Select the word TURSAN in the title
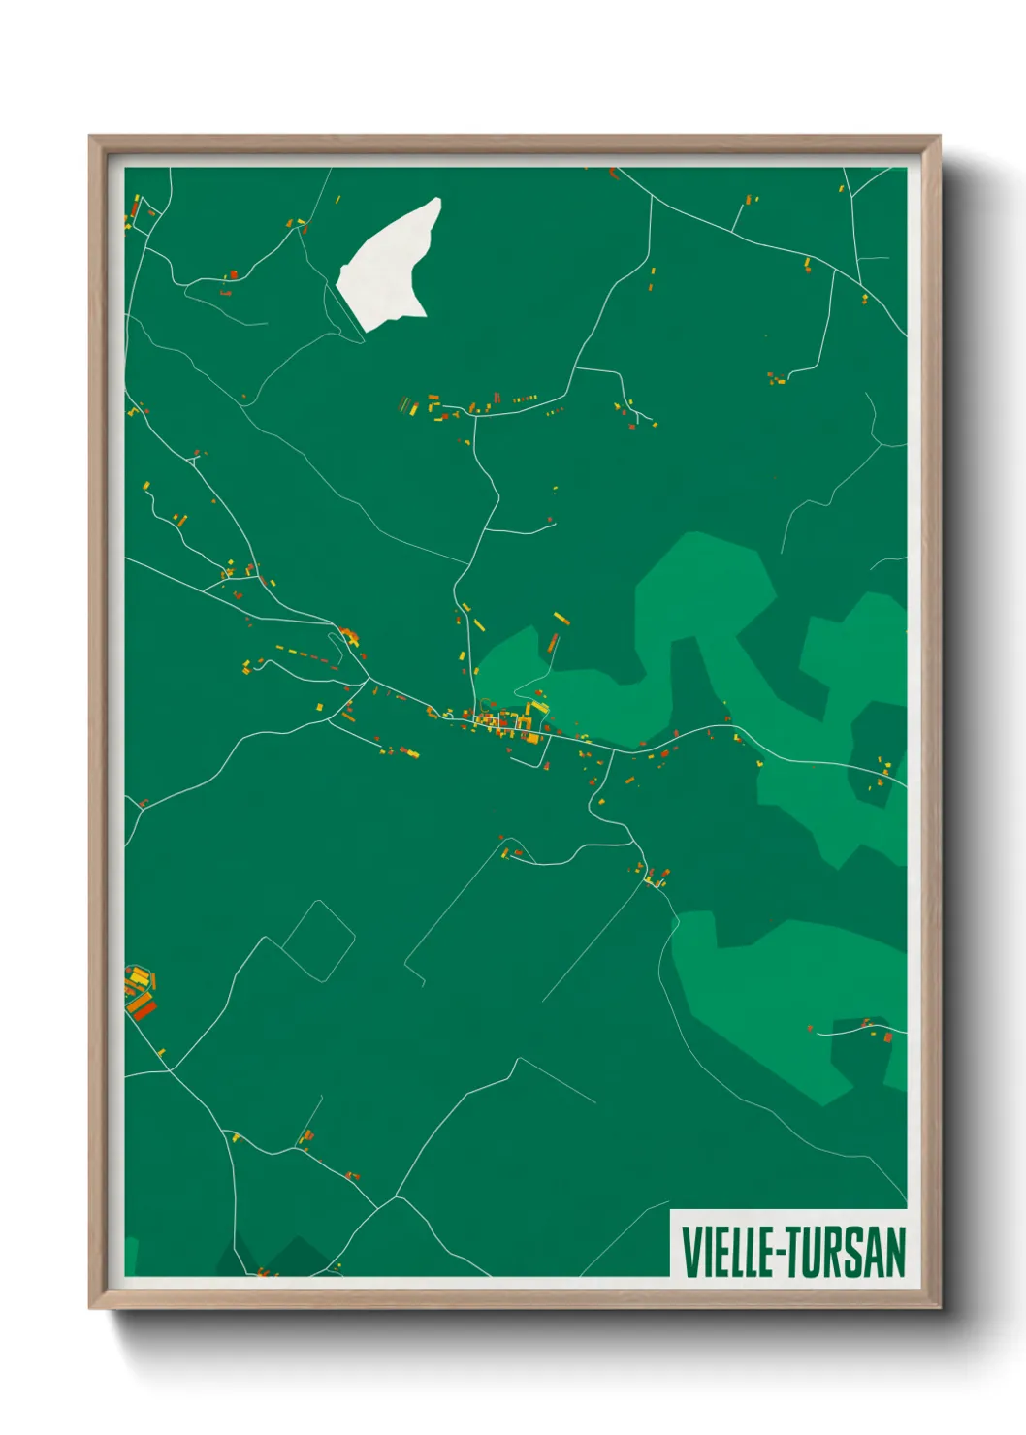(845, 1252)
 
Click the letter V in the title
(691, 1252)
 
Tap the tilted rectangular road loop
(319, 941)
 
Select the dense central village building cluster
(505, 722)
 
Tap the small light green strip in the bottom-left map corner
(131, 1257)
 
